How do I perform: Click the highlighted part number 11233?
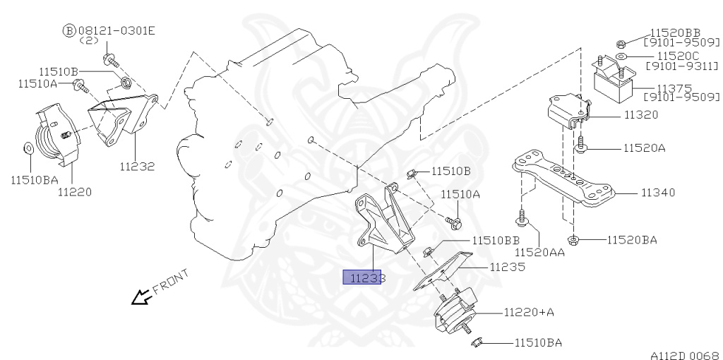tap(364, 277)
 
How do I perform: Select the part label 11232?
tap(137, 167)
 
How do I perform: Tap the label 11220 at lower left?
tap(75, 191)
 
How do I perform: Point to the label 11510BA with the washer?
tap(34, 180)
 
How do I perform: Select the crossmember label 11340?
tap(658, 192)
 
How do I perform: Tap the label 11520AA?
tap(539, 252)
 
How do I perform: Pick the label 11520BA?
tap(632, 240)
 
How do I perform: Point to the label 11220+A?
tap(529, 312)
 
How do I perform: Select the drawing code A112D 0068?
tap(685, 355)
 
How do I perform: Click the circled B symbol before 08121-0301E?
tap(68, 30)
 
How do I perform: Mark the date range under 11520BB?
tap(679, 42)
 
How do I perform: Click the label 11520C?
tap(678, 55)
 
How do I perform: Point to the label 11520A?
tap(645, 148)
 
